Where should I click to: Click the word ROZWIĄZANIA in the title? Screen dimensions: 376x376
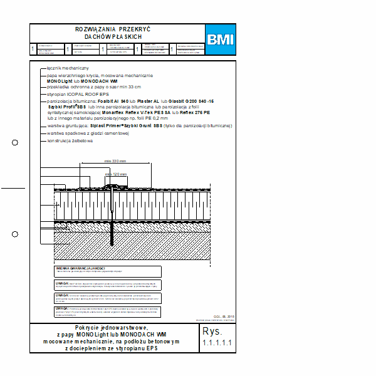pos(95,29)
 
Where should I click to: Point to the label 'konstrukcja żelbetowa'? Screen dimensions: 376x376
pos(70,141)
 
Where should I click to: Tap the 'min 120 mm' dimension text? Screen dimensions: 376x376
pos(116,174)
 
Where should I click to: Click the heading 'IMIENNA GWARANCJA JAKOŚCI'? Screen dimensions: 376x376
pos(80,268)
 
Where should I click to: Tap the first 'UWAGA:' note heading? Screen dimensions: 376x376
pos(62,282)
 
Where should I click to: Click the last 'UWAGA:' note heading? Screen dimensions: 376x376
pos(62,308)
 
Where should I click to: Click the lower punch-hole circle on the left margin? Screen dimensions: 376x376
pos(15,234)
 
